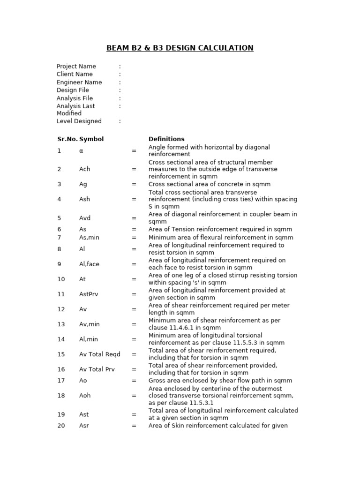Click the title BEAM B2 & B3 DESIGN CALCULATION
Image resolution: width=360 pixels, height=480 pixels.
[x=180, y=48]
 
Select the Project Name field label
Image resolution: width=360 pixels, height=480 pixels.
[x=76, y=66]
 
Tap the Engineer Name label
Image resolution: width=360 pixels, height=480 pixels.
[x=79, y=82]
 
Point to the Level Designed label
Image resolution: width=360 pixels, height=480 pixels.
[x=79, y=121]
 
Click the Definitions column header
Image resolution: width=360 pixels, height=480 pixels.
[x=166, y=139]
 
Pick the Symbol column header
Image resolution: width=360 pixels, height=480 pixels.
[x=91, y=139]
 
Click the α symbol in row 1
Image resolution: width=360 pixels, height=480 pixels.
[x=81, y=150]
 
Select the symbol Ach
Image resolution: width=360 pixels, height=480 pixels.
[x=84, y=169]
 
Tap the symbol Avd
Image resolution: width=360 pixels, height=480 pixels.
[x=85, y=218]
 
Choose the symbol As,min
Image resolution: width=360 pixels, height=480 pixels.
[x=89, y=237]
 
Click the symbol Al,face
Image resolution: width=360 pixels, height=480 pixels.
[x=89, y=264]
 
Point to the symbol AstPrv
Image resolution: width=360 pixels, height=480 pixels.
[x=89, y=294]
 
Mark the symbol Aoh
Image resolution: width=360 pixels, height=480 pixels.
[x=85, y=395]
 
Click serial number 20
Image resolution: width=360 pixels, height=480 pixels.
[x=61, y=426]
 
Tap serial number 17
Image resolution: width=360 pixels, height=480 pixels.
[x=61, y=381]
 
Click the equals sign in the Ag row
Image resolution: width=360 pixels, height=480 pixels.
[x=134, y=184]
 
